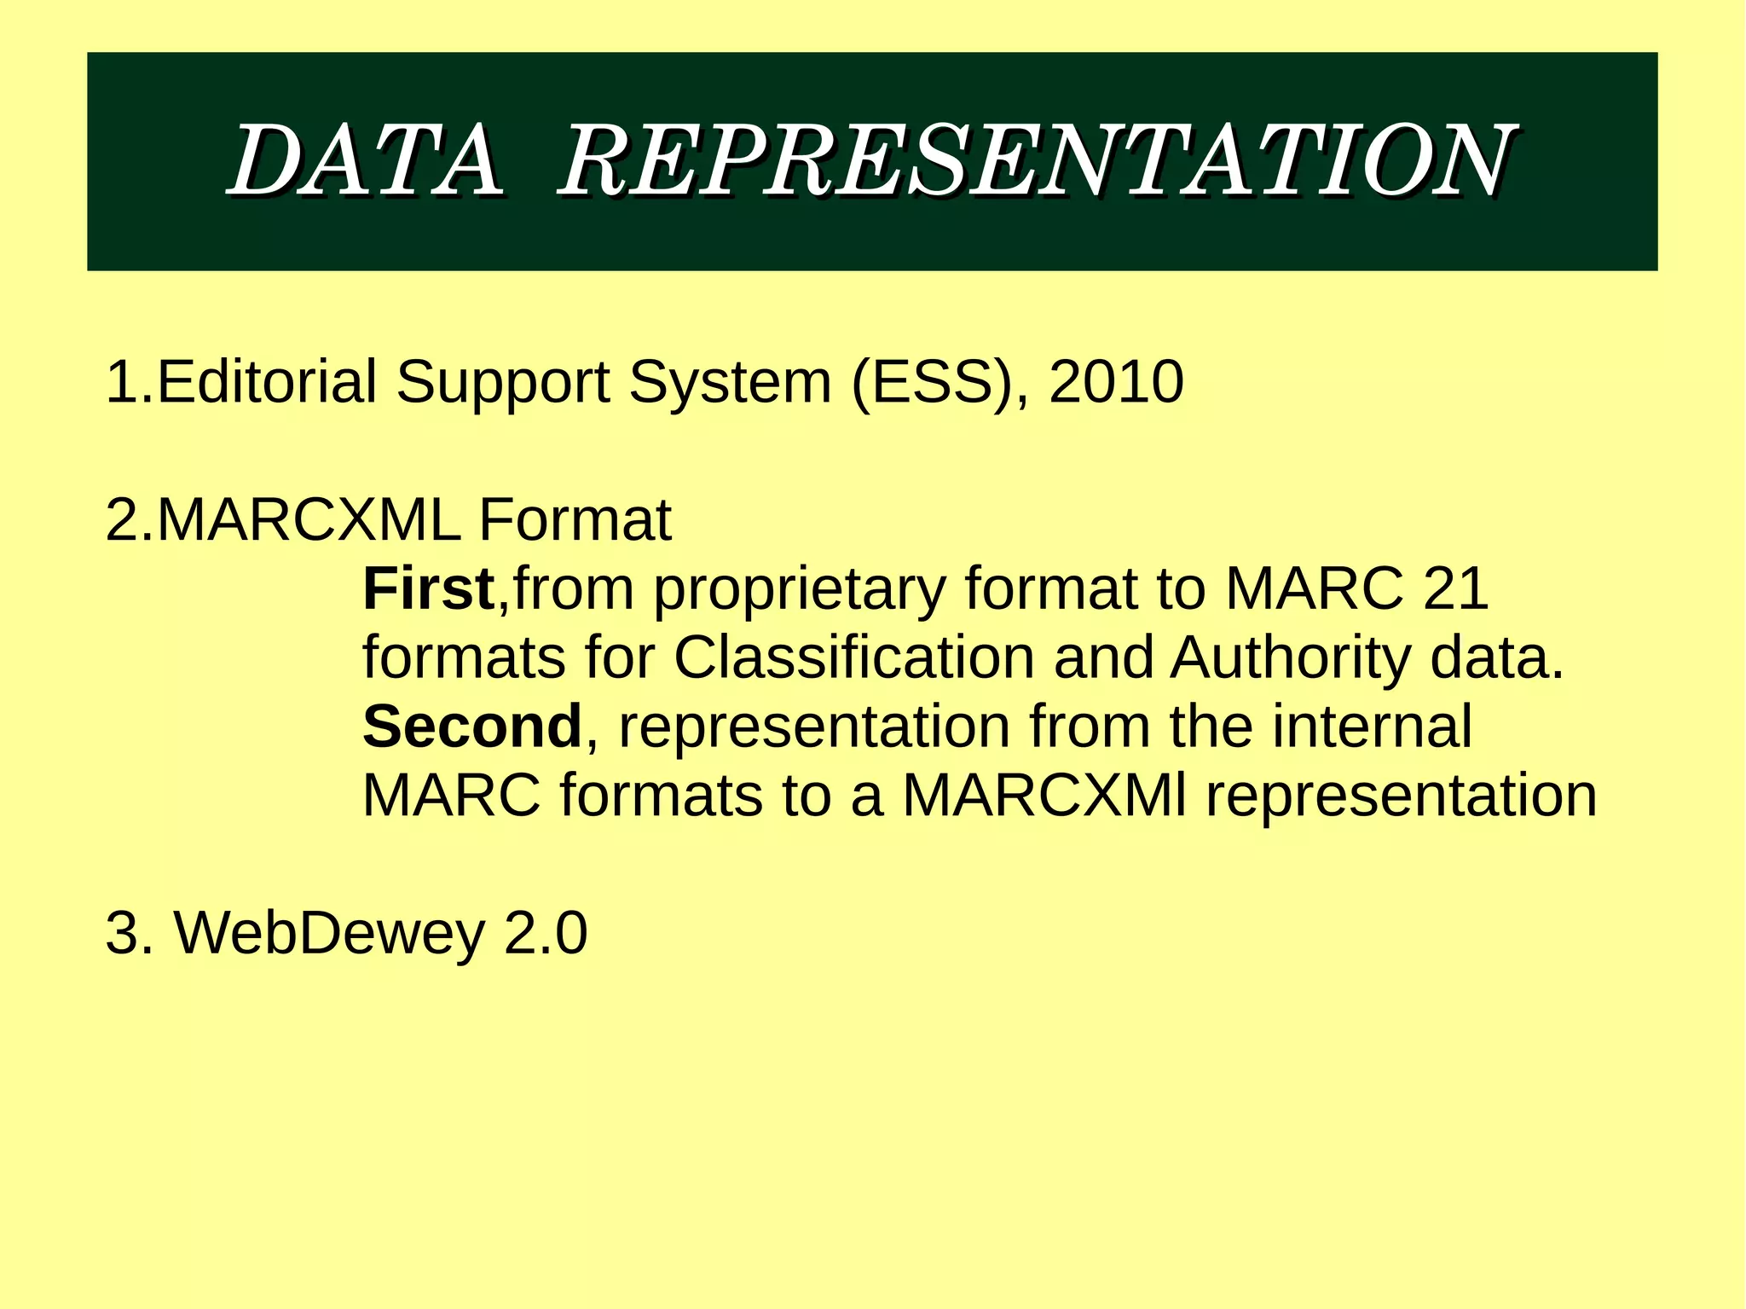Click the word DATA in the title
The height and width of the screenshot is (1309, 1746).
coord(367,160)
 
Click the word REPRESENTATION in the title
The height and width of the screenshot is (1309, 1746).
coord(1035,160)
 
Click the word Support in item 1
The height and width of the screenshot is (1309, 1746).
coord(502,383)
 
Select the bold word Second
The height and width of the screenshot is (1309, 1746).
coord(472,727)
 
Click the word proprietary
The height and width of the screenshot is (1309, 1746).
coord(800,590)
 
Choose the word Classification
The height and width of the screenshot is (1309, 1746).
coord(853,657)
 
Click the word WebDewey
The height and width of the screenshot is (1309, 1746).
coord(329,933)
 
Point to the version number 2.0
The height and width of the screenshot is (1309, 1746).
coord(546,933)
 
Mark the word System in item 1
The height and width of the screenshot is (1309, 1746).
coord(730,383)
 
